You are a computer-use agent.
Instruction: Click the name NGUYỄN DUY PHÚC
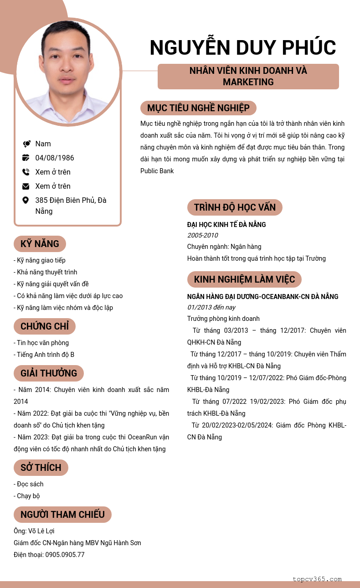242,48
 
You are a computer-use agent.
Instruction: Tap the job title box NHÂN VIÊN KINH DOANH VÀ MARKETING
248,77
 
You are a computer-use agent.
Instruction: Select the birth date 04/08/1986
55,158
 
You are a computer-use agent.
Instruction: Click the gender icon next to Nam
26,144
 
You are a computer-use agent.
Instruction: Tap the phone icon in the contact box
26,172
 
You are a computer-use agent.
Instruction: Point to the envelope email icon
26,186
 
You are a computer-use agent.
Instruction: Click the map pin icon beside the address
26,200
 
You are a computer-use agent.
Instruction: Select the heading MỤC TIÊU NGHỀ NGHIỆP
198,108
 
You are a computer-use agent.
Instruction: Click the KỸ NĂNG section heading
40,244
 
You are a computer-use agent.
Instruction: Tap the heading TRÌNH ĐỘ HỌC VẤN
235,207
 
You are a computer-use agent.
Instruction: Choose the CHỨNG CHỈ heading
45,326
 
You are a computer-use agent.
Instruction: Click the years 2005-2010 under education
202,235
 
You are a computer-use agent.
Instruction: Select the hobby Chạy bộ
28,496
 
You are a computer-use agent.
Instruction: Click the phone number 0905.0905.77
65,555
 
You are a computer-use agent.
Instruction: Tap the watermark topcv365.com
317,579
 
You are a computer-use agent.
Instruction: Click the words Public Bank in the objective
157,171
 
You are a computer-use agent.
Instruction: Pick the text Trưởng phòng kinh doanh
223,319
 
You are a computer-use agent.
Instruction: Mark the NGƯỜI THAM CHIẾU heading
62,515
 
